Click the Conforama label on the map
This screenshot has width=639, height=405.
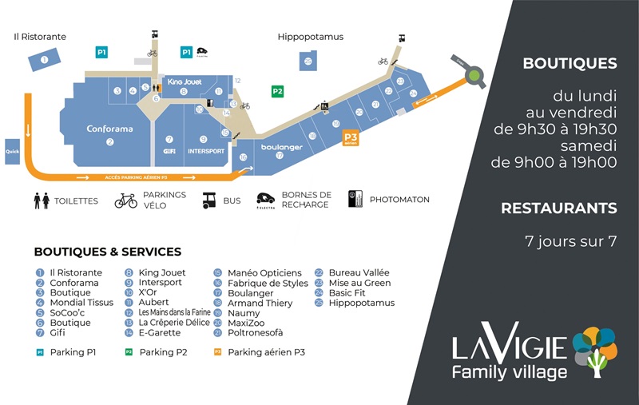109,129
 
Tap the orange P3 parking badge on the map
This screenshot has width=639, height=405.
350,138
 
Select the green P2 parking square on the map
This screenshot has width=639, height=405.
277,91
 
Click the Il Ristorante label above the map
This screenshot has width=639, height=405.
40,37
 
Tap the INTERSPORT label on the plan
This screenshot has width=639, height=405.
206,151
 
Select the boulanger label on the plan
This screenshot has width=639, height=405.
281,147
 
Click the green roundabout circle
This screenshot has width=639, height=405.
476,76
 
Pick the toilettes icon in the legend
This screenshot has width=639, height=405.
42,200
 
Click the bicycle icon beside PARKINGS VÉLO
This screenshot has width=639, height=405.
125,200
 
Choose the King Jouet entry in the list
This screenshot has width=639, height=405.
161,272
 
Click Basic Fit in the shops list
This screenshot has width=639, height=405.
351,292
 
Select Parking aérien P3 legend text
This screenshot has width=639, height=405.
267,351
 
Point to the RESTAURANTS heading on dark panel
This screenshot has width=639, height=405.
558,208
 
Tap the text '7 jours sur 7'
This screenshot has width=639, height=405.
570,240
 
